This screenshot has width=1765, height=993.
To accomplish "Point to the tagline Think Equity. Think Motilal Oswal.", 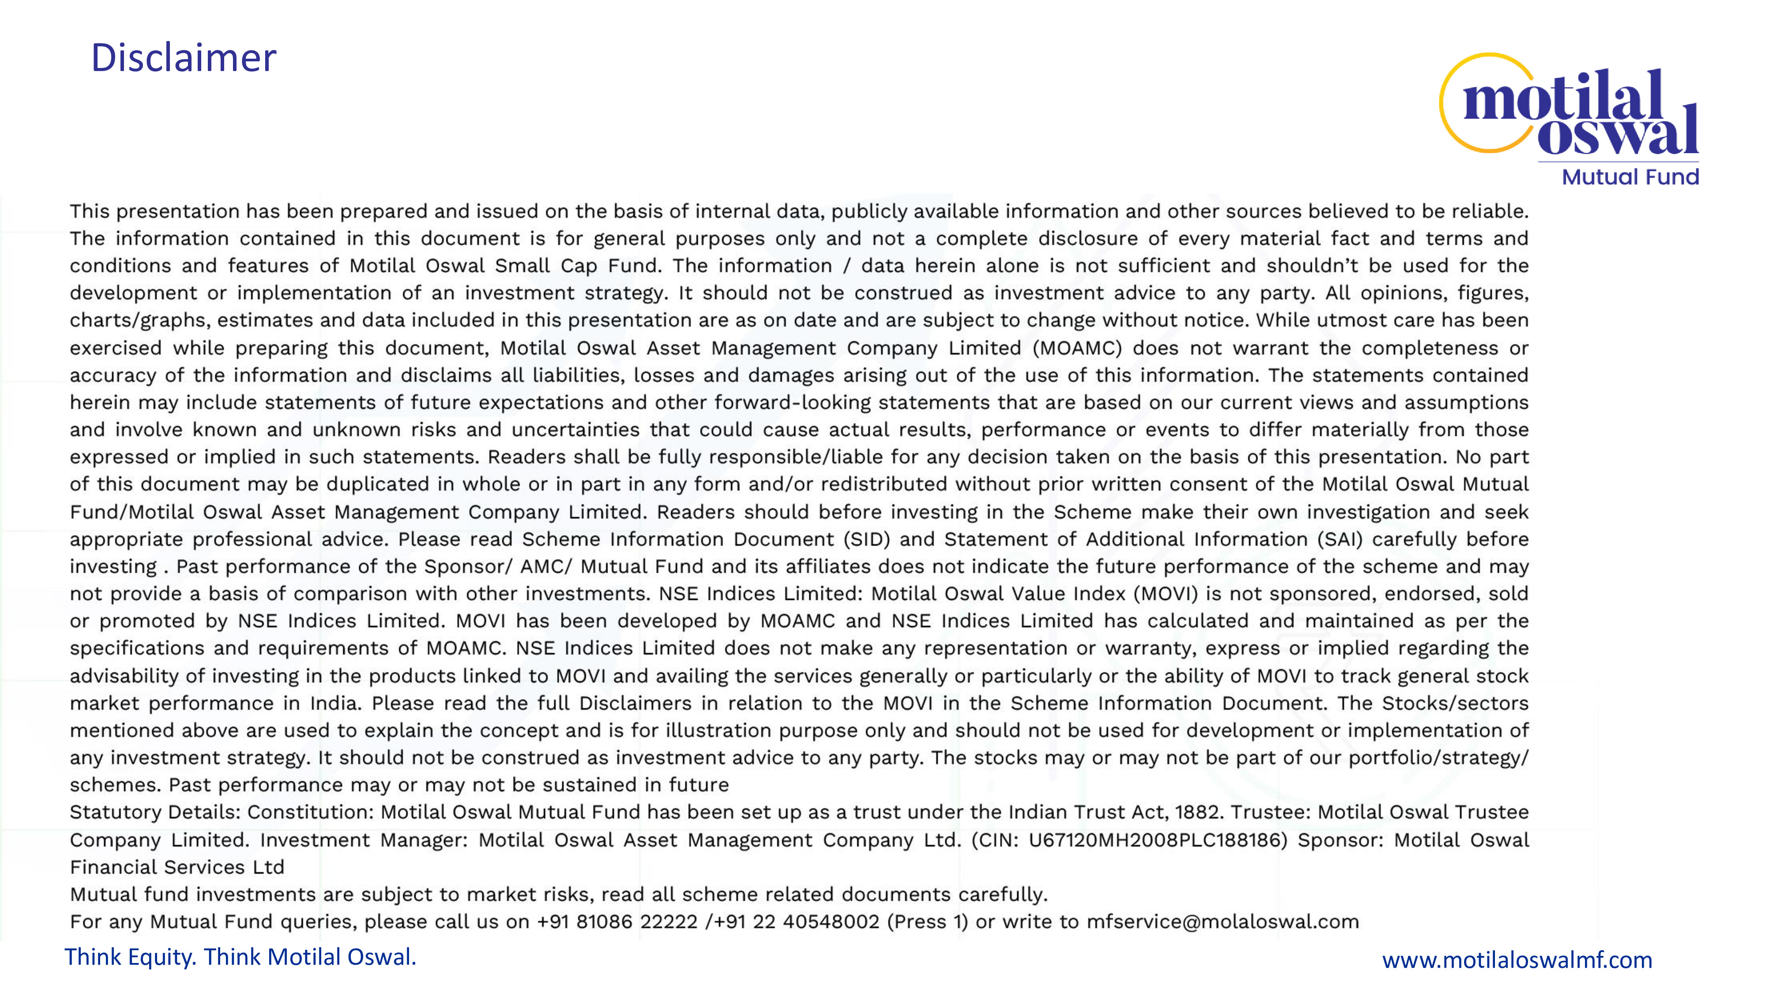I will tap(240, 957).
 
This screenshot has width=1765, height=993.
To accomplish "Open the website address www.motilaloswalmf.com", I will tap(1517, 959).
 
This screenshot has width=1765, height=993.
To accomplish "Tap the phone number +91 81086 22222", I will tap(617, 922).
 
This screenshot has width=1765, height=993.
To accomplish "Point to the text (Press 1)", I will tap(927, 922).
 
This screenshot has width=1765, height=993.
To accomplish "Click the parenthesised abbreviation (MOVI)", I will tap(1165, 594).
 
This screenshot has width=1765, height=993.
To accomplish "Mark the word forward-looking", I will tap(792, 402).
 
